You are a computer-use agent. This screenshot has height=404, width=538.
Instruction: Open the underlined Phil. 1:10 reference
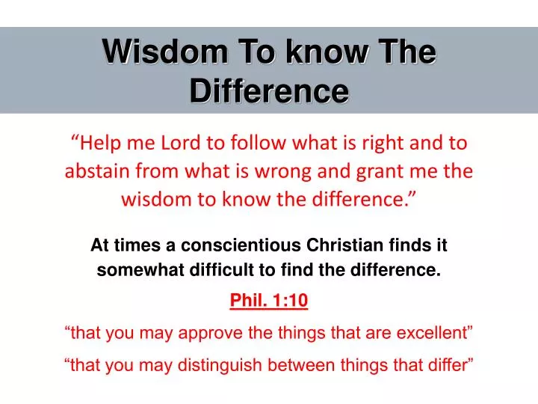pyautogui.click(x=268, y=300)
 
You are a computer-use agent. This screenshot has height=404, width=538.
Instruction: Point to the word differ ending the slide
pyautogui.click(x=445, y=364)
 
